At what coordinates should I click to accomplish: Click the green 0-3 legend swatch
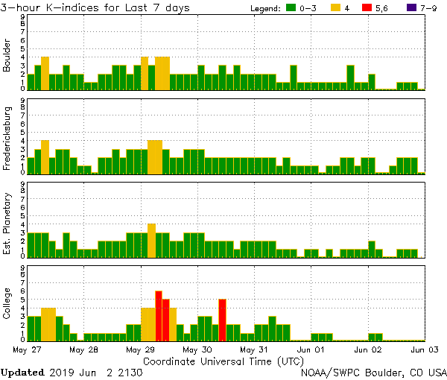[292, 8]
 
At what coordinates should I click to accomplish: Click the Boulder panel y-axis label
[7, 56]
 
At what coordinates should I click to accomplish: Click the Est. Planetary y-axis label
[7, 224]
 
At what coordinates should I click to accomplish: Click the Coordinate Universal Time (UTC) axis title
[223, 360]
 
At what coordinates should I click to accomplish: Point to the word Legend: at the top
[263, 8]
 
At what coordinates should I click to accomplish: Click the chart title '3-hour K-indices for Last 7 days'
[95, 7]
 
